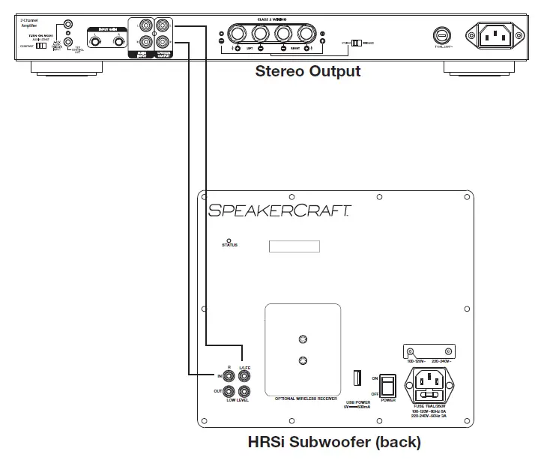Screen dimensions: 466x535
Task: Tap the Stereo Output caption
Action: pos(308,72)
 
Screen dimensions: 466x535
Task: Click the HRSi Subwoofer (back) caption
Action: pos(333,442)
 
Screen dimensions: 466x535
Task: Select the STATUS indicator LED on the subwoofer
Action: pos(229,240)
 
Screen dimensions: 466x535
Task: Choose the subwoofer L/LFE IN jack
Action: pos(244,375)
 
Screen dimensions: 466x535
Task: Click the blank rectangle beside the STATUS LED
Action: pos(294,246)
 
